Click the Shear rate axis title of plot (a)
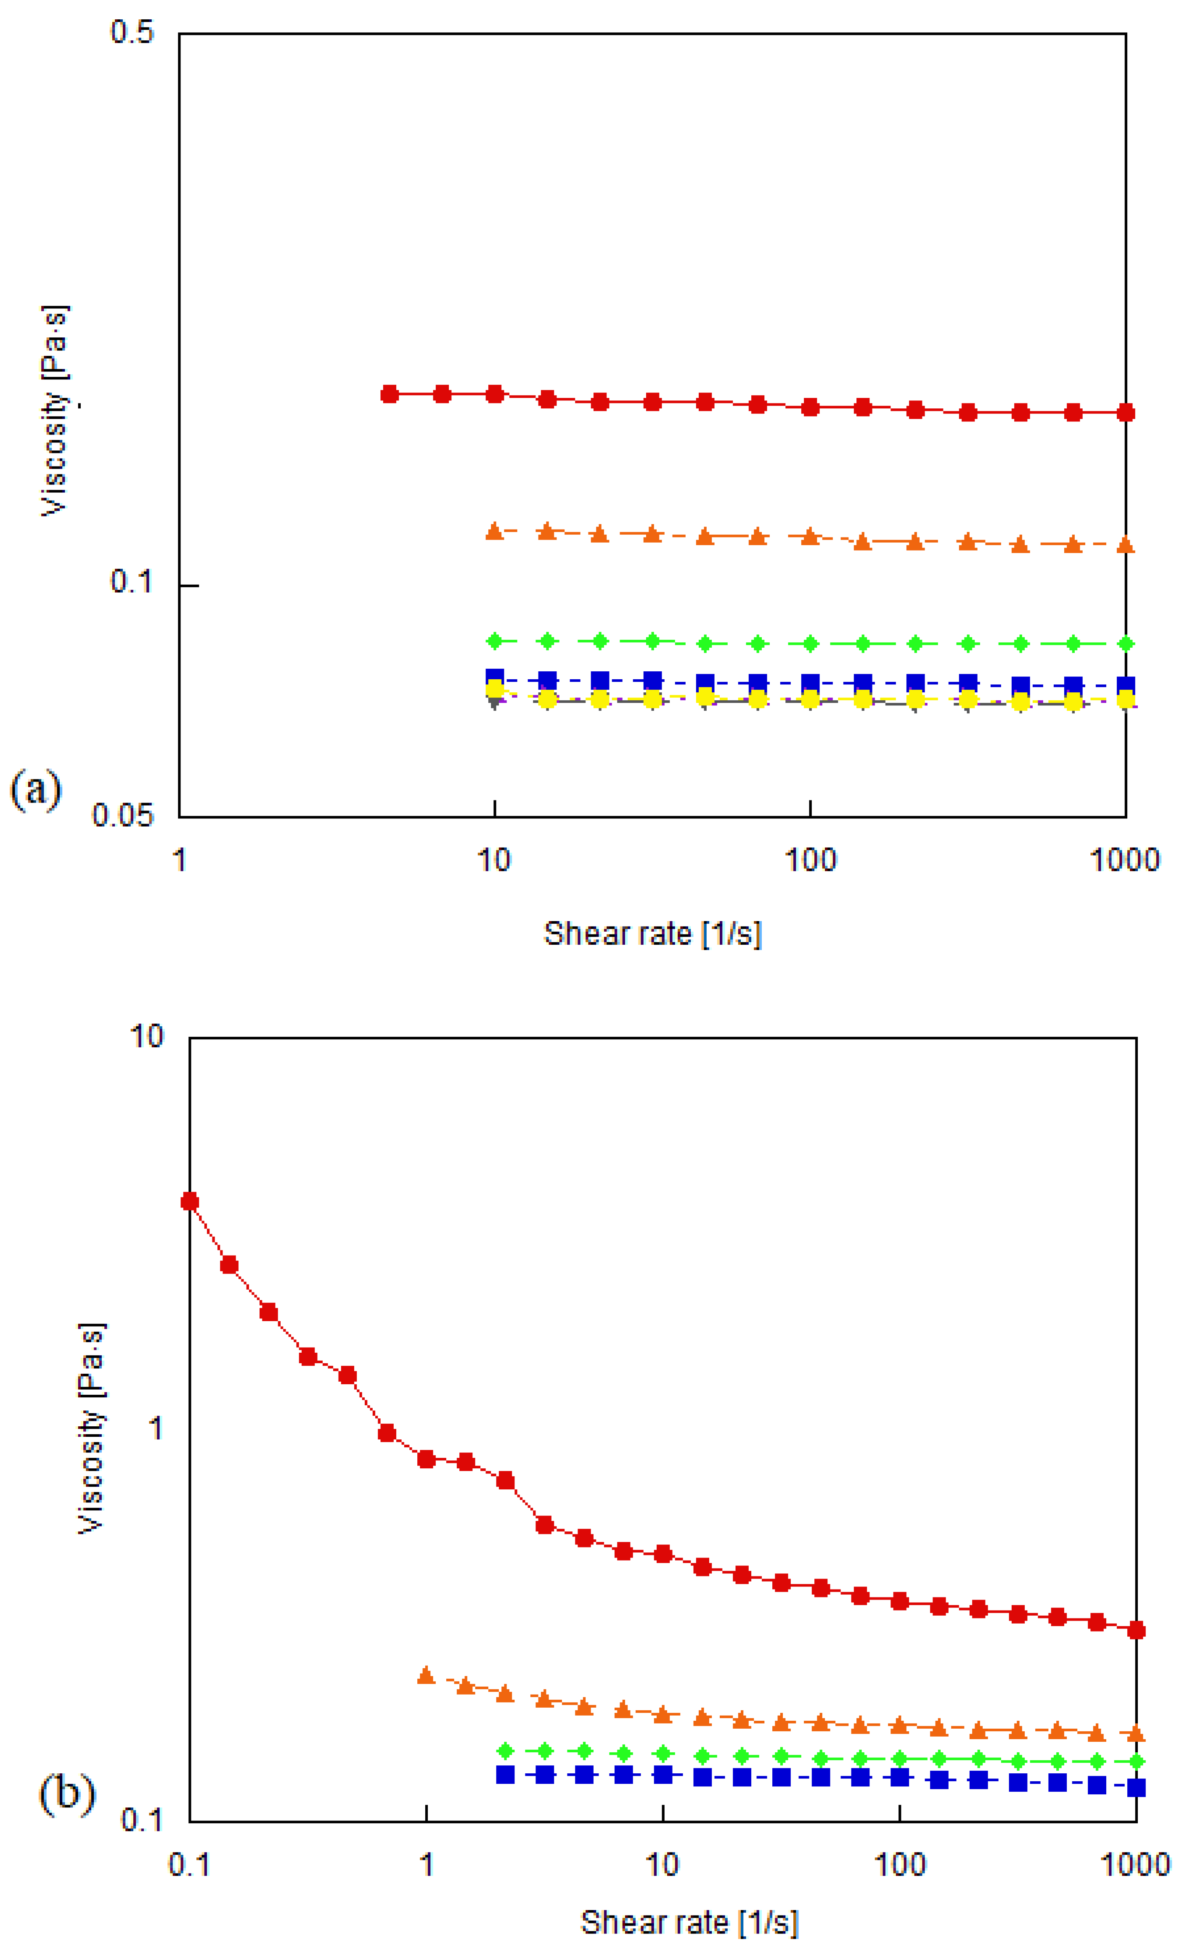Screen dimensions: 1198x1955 coord(652,934)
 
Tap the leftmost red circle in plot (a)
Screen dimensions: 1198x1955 coord(390,395)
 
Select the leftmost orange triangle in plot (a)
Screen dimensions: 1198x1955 coord(494,531)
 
